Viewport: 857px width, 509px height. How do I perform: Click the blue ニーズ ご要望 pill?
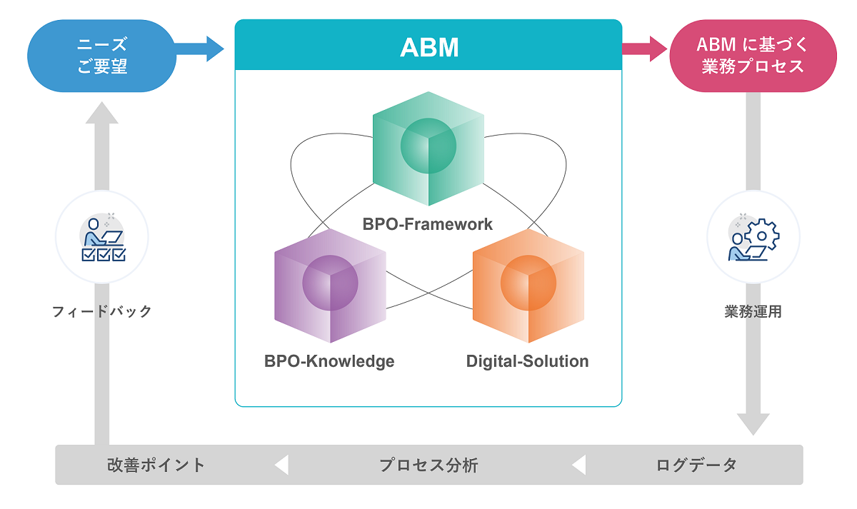coord(101,56)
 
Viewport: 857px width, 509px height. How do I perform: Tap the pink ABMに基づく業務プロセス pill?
coord(753,56)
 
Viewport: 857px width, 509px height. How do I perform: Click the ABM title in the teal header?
coord(429,48)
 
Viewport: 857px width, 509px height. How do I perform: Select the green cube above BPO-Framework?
coord(428,148)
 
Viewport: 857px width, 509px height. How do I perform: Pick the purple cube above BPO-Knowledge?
coord(330,286)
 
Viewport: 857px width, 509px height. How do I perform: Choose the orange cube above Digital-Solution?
coord(528,286)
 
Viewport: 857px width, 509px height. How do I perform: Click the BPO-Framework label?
coord(427,224)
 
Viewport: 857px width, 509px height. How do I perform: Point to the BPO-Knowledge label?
coord(329,362)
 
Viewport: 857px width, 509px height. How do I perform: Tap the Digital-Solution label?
coord(527,362)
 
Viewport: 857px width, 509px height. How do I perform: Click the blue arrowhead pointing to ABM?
coord(214,49)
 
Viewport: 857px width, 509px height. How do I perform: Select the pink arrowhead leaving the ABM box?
coord(658,49)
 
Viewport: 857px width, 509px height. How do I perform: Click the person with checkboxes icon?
coord(104,238)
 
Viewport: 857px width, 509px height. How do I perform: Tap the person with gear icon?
coord(753,238)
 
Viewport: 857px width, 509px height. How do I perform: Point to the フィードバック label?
coord(101,312)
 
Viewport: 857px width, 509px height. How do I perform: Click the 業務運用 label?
coord(753,312)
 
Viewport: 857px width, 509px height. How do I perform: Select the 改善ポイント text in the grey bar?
coord(156,465)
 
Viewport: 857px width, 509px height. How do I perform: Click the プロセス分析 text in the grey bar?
coord(428,465)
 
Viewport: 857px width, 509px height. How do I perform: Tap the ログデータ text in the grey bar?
coord(697,465)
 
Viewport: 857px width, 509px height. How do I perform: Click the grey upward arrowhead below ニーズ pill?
coord(101,113)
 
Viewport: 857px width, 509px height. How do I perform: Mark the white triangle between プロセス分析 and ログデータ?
coord(579,465)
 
